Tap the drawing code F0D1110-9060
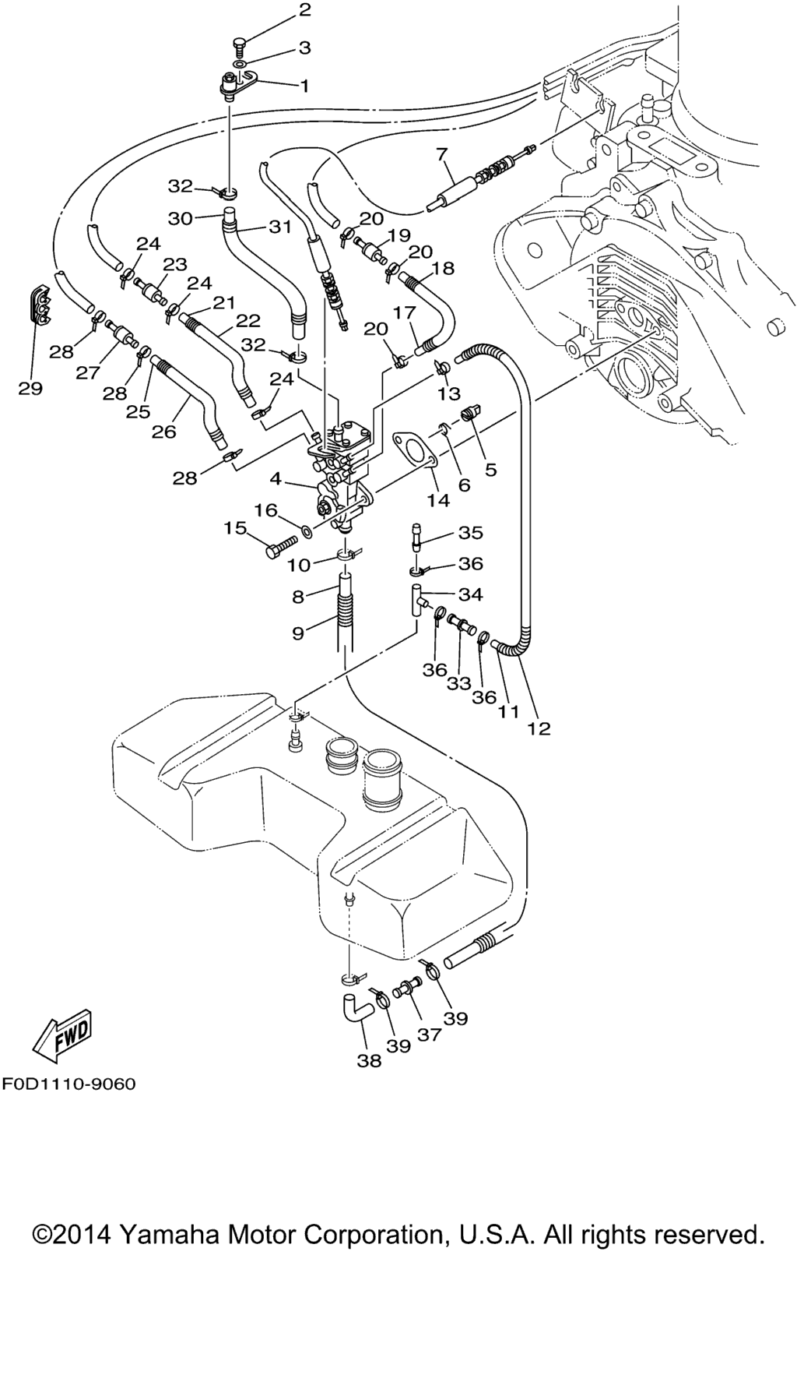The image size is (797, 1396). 68,1084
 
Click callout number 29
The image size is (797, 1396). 30,388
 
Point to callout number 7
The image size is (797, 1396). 442,154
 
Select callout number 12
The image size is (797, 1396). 539,728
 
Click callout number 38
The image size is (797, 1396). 370,1060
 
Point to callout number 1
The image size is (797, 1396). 304,86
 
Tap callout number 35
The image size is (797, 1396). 471,533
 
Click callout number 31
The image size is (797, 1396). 280,227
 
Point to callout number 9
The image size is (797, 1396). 298,633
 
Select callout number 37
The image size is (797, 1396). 430,1034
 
